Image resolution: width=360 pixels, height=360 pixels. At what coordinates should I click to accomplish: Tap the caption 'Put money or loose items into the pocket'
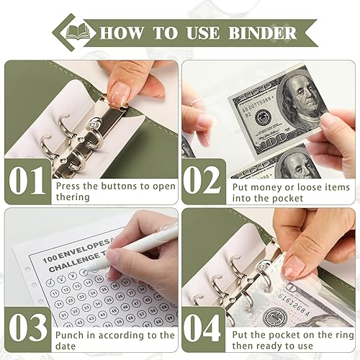pos(292,192)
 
